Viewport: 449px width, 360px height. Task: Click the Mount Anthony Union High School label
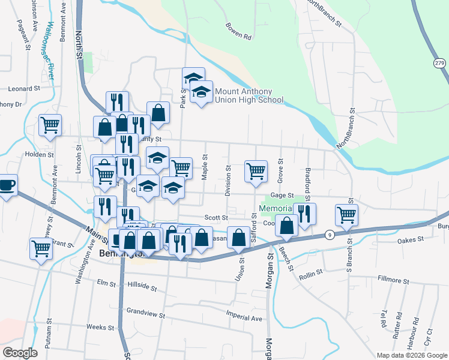[249, 96]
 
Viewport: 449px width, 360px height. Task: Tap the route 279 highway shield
[439, 63]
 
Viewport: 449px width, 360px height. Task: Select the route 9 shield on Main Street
[330, 235]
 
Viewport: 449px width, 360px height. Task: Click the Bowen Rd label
[238, 31]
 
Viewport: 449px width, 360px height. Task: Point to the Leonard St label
[23, 88]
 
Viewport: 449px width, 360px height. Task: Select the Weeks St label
[100, 328]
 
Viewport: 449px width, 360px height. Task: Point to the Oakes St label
[411, 241]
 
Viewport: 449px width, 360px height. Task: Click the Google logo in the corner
[20, 353]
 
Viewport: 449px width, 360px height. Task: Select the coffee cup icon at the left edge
[7, 184]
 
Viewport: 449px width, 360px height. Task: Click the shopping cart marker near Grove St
[256, 170]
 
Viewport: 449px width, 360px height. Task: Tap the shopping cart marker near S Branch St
[347, 214]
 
